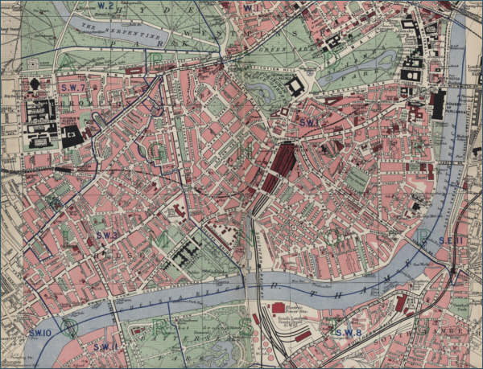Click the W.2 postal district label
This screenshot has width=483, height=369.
pyautogui.click(x=104, y=6)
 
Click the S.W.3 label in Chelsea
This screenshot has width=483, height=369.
pyautogui.click(x=107, y=235)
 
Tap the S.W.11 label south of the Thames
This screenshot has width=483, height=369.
pyautogui.click(x=105, y=346)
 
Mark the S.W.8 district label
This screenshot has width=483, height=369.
pyautogui.click(x=349, y=332)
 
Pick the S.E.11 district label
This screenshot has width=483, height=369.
pyautogui.click(x=452, y=240)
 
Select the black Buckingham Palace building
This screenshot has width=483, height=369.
pyautogui.click(x=295, y=86)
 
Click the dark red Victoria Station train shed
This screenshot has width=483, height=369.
pyautogui.click(x=282, y=161)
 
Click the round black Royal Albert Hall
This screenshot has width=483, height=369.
pyautogui.click(x=35, y=84)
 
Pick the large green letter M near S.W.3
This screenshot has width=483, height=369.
pyautogui.click(x=162, y=239)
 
